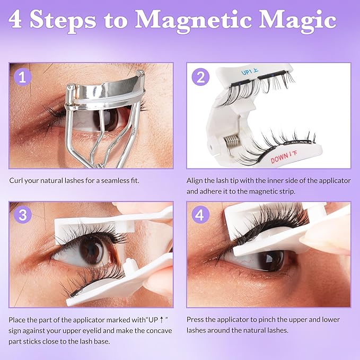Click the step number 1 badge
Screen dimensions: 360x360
tap(21, 77)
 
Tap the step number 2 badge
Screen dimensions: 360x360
tap(199, 77)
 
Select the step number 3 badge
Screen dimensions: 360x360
tap(21, 216)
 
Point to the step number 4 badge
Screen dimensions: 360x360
tap(199, 216)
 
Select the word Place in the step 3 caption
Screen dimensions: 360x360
tap(18, 320)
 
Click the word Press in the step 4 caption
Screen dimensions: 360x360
tap(196, 320)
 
